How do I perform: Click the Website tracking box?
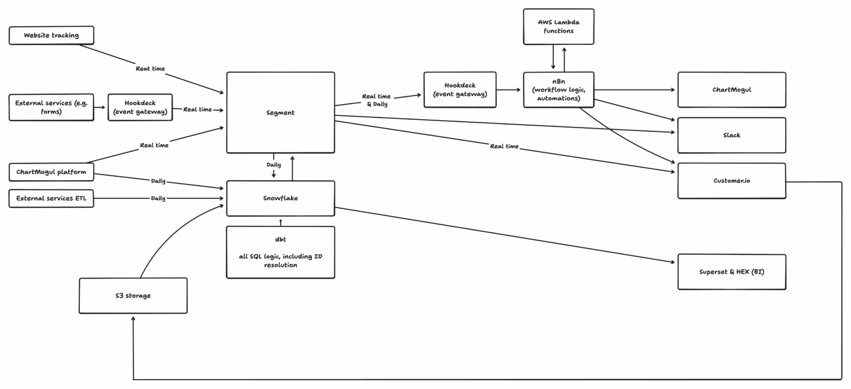point(52,35)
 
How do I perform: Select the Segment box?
point(280,112)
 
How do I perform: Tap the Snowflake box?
point(280,198)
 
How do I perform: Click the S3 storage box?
point(133,296)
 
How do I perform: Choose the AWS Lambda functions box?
point(558,27)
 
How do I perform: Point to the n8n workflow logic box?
point(558,90)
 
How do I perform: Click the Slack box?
point(731,135)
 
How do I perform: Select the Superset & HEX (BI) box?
point(731,272)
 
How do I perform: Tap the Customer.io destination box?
point(731,181)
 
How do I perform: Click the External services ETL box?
point(52,198)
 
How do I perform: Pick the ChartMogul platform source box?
point(52,172)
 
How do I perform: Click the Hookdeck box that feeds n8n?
point(460,90)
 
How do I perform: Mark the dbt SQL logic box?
point(280,252)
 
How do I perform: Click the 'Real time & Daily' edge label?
point(377,100)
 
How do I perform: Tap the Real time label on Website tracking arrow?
point(150,69)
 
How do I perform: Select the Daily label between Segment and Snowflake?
point(274,165)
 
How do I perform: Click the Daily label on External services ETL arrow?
point(158,198)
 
